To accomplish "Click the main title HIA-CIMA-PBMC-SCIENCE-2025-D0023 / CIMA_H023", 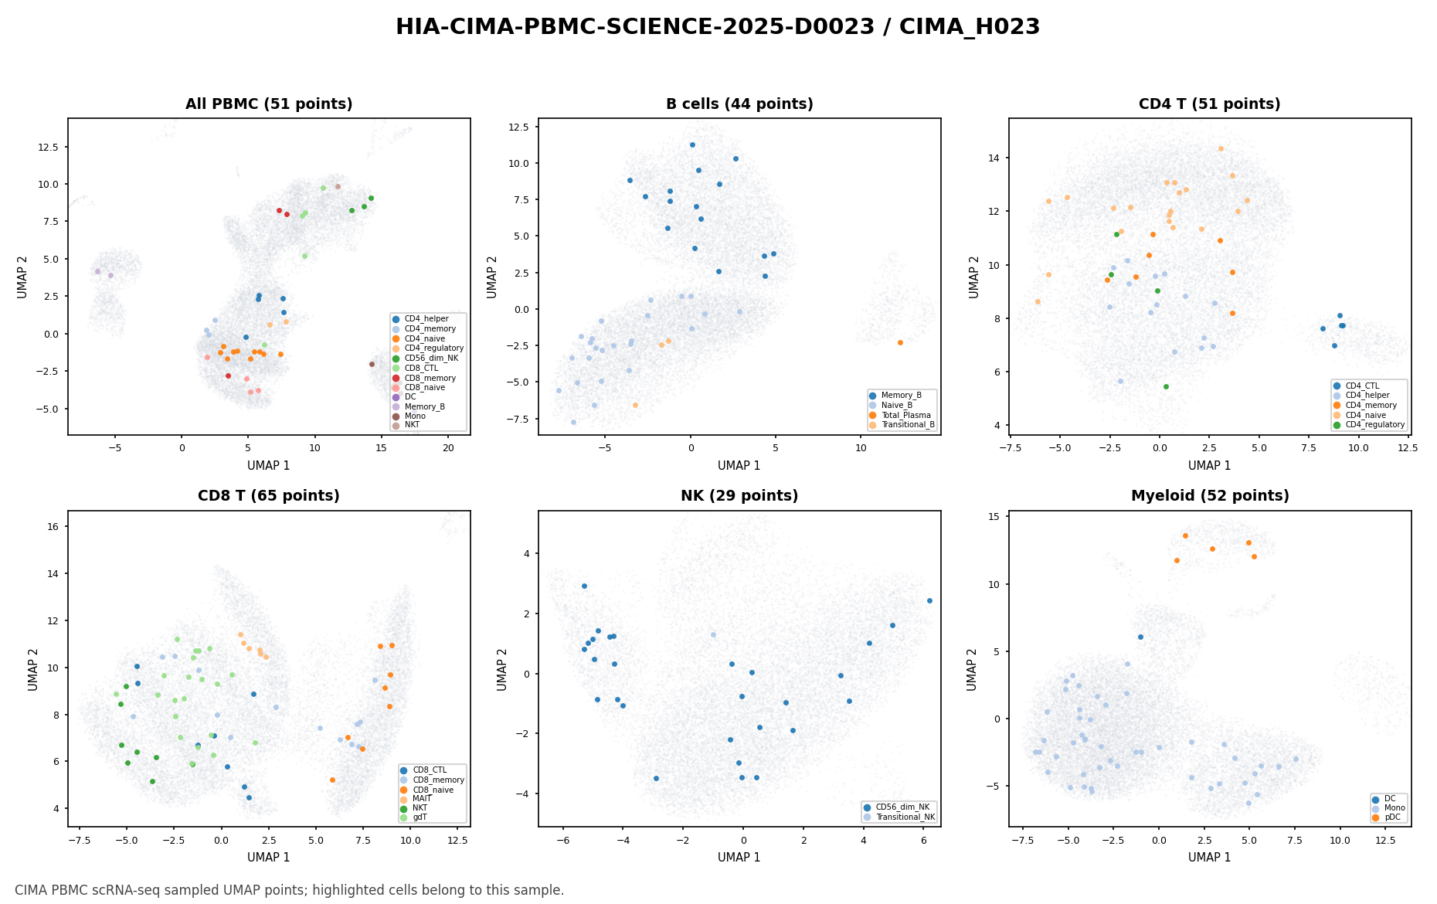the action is (718, 27).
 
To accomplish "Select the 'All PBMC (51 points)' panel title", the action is (269, 104).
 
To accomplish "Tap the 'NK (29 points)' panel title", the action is (739, 496).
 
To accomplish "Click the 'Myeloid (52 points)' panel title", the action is (1210, 496).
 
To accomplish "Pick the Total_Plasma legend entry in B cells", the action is (901, 415).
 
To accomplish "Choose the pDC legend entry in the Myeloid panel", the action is (1388, 817).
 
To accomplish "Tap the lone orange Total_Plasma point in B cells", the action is (900, 342).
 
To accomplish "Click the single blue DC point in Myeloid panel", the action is (1140, 637).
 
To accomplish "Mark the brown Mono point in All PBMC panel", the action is (372, 364).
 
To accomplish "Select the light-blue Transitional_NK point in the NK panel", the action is (713, 634).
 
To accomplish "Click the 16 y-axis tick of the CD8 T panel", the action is (57, 526).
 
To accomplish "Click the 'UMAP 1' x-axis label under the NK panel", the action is (739, 858).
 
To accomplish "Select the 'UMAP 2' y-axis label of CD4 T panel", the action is (974, 277).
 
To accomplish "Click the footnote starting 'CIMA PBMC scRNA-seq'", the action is (290, 890).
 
